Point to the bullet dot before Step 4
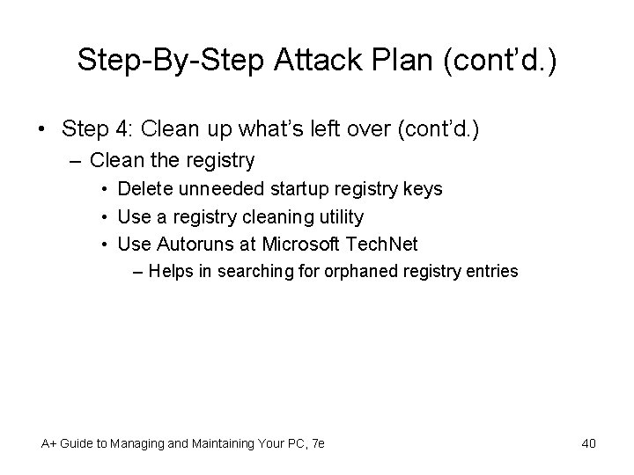[x=42, y=129]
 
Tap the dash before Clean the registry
[x=76, y=161]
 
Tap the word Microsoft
[x=296, y=244]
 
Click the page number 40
[x=588, y=443]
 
